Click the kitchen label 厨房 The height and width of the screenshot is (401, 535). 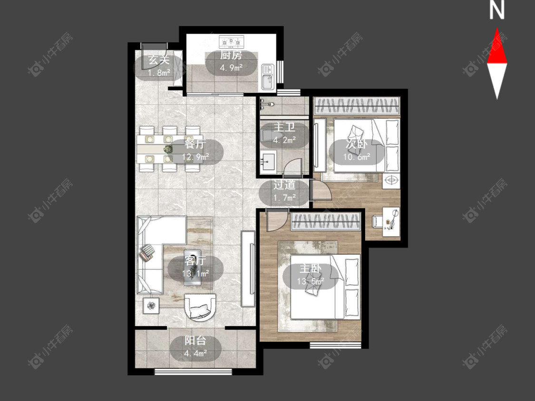coord(231,55)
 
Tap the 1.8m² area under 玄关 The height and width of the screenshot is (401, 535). coord(159,72)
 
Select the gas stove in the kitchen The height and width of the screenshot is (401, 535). coord(231,42)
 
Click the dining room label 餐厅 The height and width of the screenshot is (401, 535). coord(195,144)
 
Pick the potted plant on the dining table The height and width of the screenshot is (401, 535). coord(168,149)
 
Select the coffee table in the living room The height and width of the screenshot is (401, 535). coord(192,267)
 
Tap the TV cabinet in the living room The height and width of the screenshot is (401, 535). coord(248,269)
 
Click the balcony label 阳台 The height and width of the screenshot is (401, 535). coord(195,341)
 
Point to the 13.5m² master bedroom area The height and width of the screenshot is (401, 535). coord(310,282)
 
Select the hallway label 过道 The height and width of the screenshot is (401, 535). coord(284,185)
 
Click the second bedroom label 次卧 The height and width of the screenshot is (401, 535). coord(357,144)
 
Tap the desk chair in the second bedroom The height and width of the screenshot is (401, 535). coord(377,222)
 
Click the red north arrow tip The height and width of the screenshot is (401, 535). coord(497,28)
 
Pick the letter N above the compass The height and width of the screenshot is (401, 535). coord(497,10)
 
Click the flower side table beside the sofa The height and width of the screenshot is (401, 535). coord(151,306)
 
